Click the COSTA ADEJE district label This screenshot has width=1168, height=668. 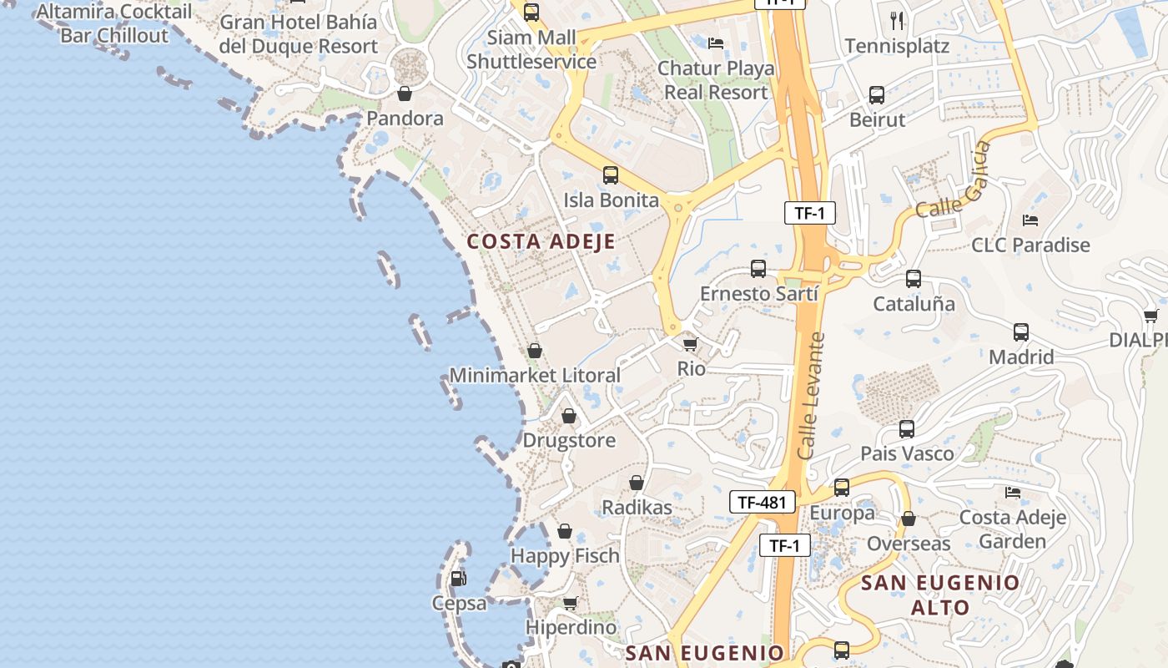[541, 242]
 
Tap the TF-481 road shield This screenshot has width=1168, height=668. [762, 502]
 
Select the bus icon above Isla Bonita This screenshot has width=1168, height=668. [611, 175]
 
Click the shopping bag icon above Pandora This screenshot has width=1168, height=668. [405, 94]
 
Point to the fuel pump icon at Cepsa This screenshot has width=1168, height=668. [458, 578]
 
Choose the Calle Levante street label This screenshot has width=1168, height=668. [810, 396]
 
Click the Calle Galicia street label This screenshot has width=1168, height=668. [954, 180]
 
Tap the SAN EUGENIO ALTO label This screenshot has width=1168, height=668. [940, 595]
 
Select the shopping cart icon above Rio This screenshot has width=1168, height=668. [690, 343]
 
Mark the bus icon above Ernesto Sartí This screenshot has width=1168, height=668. [758, 269]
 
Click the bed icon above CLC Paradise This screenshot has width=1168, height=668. [1030, 220]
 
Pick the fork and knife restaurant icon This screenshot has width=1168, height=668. [897, 20]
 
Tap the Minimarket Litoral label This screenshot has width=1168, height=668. [535, 376]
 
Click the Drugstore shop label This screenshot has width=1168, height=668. [569, 441]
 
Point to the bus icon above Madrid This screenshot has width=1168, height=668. [1021, 332]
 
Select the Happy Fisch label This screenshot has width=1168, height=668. [565, 556]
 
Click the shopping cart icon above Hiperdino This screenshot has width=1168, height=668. [571, 603]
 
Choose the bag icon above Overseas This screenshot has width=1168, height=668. [909, 519]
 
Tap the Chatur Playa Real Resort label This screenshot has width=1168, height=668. [716, 80]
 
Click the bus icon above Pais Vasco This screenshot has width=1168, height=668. [907, 429]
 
